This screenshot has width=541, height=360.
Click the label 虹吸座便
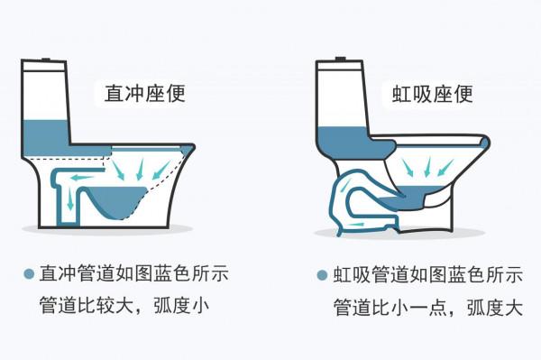tap(432, 94)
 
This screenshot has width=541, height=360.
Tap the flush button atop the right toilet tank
tap(340, 60)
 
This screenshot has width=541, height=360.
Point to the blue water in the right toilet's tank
tap(341, 140)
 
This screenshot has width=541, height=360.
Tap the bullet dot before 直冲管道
tap(29, 272)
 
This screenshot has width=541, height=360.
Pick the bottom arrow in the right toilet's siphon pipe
tap(357, 220)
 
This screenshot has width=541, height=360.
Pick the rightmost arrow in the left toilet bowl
tap(163, 169)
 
